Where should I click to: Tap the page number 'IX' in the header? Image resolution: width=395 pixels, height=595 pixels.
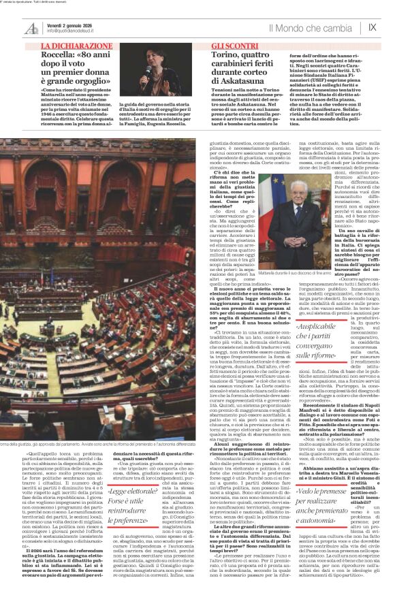(372, 28)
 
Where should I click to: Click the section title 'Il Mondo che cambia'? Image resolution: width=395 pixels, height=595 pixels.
(310, 28)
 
